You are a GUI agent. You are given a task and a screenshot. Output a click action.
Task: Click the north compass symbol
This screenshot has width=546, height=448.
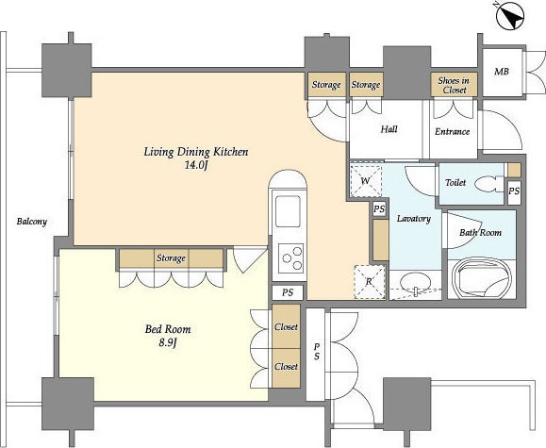tap(510, 17)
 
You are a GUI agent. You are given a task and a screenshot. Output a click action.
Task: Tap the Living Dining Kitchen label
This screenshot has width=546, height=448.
tap(196, 152)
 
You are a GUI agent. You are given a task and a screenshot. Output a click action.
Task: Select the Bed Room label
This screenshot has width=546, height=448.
tap(168, 329)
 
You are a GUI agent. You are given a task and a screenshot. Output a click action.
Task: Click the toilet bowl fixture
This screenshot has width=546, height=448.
tap(488, 184)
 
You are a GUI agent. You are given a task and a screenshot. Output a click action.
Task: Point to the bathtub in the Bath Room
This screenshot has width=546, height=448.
tap(481, 278)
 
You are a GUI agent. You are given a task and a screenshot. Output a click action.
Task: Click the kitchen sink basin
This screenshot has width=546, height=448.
tap(288, 211)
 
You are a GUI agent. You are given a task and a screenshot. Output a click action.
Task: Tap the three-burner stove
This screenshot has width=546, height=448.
tap(290, 258)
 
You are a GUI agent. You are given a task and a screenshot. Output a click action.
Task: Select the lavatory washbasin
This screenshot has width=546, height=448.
tap(415, 282)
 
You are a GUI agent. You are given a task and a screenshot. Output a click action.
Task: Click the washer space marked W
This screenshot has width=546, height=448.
tap(366, 181)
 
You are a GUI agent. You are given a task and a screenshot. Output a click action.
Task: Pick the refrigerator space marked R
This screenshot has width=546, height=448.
tap(370, 282)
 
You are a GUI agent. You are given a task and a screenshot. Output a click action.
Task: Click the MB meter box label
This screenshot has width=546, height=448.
tap(502, 72)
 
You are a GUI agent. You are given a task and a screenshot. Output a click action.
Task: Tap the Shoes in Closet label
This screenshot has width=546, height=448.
tap(454, 85)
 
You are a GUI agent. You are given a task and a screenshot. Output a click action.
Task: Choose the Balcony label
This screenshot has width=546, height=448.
tap(32, 222)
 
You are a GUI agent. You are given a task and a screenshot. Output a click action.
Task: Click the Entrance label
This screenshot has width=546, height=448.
tap(452, 131)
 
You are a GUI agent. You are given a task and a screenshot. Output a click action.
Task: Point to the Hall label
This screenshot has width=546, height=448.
tap(389, 129)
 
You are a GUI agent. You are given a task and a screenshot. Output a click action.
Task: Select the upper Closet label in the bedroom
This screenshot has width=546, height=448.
tap(286, 326)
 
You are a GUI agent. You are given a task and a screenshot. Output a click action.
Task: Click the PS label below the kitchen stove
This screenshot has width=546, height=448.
tap(288, 292)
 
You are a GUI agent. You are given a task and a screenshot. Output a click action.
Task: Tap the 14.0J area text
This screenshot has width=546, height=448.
tap(196, 165)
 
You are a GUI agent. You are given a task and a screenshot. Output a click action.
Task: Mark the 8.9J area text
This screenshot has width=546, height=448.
tap(168, 343)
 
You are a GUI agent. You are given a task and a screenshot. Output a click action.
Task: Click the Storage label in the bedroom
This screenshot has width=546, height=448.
tap(171, 258)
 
